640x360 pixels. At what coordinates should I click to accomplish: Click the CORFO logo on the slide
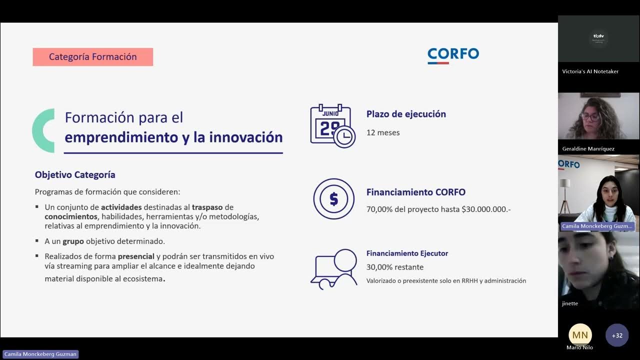pos(453,55)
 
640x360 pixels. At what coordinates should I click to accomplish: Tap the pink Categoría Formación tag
pos(93,57)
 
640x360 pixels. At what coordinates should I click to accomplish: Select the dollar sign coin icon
pos(333,199)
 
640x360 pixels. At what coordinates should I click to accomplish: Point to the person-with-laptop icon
pos(333,269)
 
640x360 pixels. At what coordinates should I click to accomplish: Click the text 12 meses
pos(383,132)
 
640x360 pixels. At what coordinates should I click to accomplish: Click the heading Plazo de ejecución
pos(406,114)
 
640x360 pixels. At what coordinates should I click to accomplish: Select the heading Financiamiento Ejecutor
pos(407,253)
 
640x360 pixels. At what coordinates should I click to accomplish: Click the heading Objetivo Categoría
pos(75,175)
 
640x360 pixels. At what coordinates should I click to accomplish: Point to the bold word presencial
pos(136,256)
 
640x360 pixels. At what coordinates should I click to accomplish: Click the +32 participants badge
pos(617,335)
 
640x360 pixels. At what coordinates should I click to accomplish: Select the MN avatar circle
pos(580,334)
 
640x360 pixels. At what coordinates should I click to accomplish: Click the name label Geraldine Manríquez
pos(588,149)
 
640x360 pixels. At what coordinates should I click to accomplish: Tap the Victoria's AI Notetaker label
pos(590,71)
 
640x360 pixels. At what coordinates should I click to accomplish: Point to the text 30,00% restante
pos(395,267)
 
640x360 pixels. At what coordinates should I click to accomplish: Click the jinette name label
pos(570,303)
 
